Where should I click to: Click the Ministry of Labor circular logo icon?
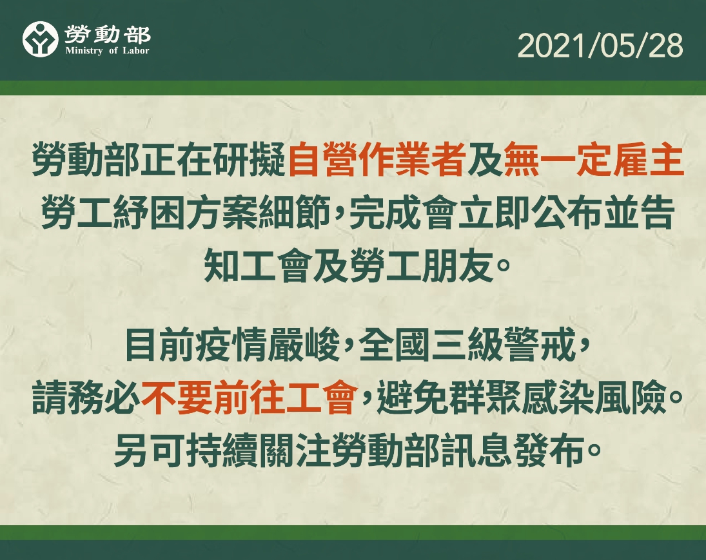(41, 39)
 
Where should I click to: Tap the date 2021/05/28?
(600, 46)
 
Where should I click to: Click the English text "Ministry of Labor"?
(107, 51)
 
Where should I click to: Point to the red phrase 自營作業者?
(377, 160)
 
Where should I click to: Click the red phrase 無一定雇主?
(593, 160)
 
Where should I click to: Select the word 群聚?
(485, 398)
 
